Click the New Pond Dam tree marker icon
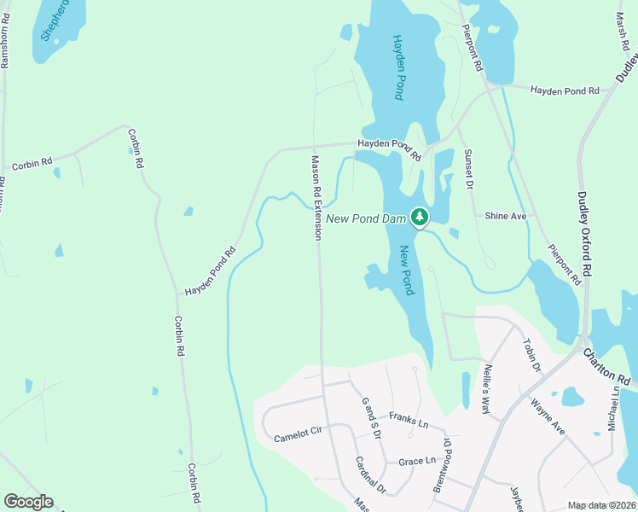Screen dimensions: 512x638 419,218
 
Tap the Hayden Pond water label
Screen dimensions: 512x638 397,67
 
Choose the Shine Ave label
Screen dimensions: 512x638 506,217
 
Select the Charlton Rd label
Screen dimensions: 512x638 606,364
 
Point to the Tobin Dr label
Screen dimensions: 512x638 533,355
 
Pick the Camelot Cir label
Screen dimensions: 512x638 297,436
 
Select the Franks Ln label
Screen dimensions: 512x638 408,420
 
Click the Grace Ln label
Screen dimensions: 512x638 417,462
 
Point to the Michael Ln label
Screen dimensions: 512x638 614,407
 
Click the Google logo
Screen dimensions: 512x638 28,502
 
